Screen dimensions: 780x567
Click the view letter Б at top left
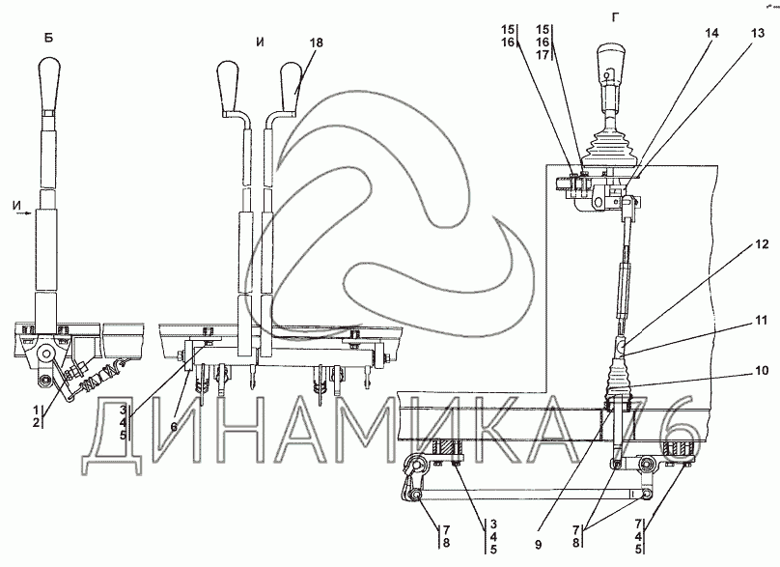tap(47, 39)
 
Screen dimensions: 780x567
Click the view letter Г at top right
tap(614, 17)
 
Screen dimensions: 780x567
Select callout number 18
tap(318, 44)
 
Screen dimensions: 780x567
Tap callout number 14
tap(711, 33)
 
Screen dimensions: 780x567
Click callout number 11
tap(763, 321)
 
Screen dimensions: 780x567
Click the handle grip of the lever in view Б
tap(49, 85)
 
